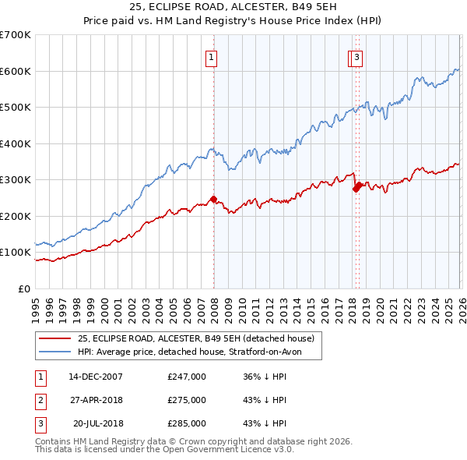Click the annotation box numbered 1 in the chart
[x=211, y=56]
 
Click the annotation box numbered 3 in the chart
[x=356, y=56]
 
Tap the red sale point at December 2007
[x=213, y=199]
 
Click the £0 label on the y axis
[x=24, y=288]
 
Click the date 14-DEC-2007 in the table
[x=96, y=377]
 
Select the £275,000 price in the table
[x=187, y=400]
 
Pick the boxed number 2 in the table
[x=40, y=400]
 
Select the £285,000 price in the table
[x=187, y=423]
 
